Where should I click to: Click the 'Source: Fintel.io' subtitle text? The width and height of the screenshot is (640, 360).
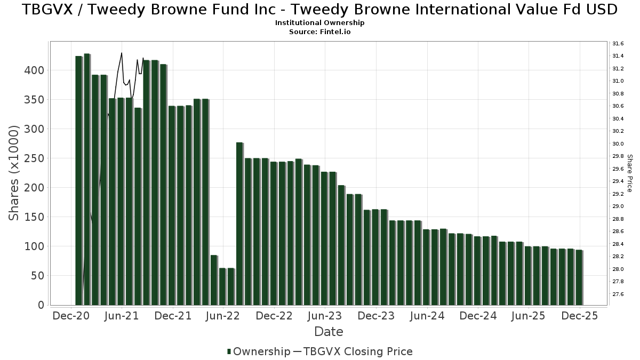point(319,31)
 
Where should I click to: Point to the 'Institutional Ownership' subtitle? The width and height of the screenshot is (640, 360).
point(319,23)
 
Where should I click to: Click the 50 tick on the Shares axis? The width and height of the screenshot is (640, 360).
point(39,276)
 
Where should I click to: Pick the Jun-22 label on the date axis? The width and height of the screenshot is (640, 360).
point(223,316)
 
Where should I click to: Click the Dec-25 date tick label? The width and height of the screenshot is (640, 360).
point(579,316)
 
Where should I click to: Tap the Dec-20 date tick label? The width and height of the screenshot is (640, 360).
point(71,316)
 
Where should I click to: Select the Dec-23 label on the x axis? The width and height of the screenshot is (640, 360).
point(375,316)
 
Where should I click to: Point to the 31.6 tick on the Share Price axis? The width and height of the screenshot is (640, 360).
point(618,44)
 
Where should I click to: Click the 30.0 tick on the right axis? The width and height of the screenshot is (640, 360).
point(618,144)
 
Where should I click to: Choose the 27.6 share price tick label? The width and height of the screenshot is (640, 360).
point(618,294)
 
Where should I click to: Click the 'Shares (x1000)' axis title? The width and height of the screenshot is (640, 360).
point(14,173)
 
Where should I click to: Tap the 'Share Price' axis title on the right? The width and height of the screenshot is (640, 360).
point(629,173)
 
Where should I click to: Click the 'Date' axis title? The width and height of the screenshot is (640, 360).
point(329,332)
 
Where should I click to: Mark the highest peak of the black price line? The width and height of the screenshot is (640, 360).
point(122,53)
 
